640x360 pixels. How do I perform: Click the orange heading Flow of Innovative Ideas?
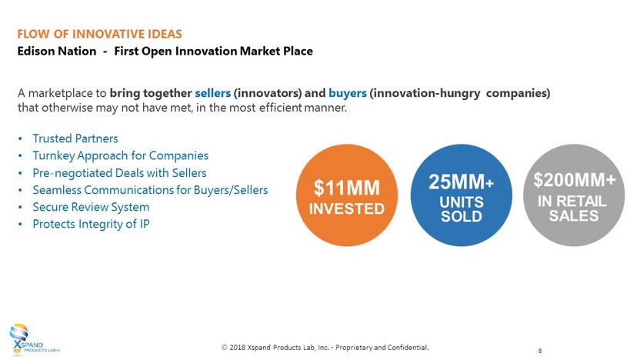click(99, 34)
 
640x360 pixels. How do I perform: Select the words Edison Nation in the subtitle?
click(57, 51)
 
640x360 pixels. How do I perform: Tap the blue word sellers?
click(212, 93)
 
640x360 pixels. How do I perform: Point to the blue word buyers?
click(348, 94)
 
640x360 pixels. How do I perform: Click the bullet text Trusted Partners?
click(75, 138)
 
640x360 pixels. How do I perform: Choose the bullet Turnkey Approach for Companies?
click(121, 155)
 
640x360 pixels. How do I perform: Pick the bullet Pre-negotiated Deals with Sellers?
click(119, 172)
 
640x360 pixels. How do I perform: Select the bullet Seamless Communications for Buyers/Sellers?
click(150, 190)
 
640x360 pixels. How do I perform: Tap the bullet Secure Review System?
click(91, 207)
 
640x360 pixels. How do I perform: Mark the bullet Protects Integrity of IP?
click(91, 224)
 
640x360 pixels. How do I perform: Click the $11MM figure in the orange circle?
click(346, 188)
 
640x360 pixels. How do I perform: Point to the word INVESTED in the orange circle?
click(346, 209)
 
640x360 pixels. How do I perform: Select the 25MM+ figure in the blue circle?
click(462, 182)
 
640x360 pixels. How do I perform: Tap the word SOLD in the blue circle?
click(462, 216)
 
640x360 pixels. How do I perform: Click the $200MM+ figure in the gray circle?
click(575, 180)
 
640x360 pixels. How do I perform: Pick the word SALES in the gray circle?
click(574, 215)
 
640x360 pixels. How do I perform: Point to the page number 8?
click(540, 351)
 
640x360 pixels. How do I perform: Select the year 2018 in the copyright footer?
click(237, 348)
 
